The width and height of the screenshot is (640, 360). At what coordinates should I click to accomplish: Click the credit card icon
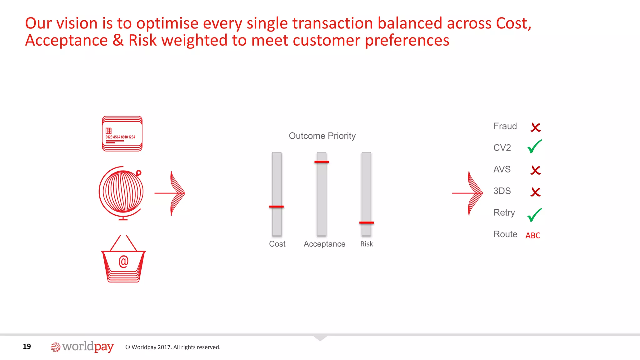coord(122,134)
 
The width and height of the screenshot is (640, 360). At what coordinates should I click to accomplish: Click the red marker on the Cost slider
coord(277,207)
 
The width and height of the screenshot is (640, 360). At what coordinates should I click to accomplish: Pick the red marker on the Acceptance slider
coord(322,162)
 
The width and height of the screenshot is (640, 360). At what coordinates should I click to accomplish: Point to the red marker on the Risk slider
coord(367,222)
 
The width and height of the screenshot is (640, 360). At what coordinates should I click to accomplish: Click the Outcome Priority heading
coord(322,136)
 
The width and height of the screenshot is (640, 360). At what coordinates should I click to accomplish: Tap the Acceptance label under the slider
coord(324,244)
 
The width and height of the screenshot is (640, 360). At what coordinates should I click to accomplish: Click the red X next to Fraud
coord(536,127)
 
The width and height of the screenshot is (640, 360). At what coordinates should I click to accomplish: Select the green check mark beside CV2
coord(534,147)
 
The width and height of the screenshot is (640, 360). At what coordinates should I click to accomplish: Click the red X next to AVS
coord(536,170)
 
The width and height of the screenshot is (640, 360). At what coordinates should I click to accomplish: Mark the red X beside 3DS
coord(536,192)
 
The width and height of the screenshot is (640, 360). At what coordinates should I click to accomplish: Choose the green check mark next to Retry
coord(534,215)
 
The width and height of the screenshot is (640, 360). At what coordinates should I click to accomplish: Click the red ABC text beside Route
coord(533,236)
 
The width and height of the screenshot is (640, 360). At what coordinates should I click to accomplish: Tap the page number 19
coord(27,346)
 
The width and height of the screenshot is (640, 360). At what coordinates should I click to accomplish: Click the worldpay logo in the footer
coord(82,347)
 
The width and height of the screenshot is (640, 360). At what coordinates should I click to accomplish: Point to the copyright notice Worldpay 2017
coord(173,347)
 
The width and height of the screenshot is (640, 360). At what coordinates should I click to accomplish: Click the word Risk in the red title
coord(142,40)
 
